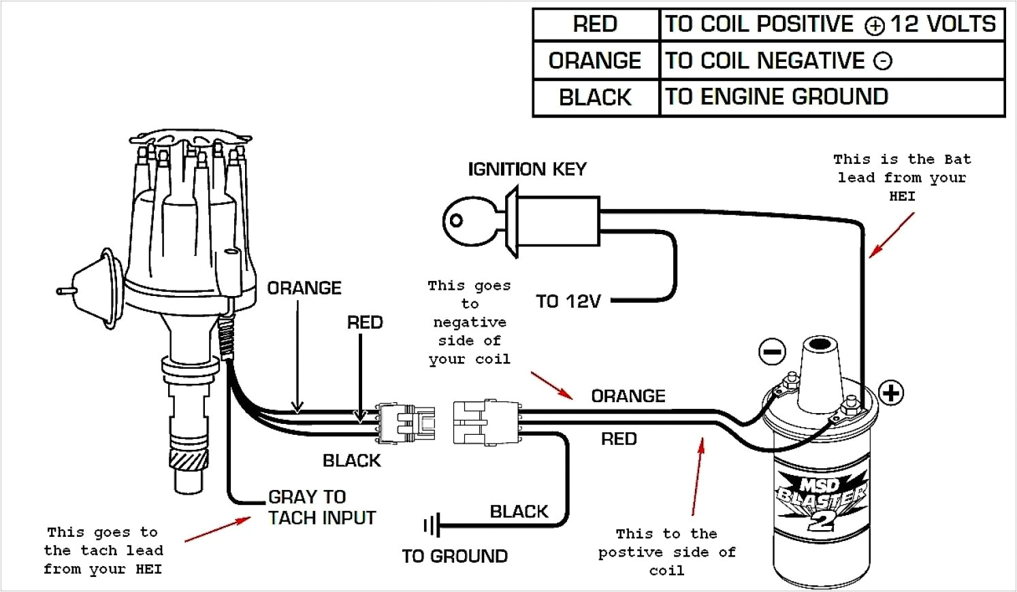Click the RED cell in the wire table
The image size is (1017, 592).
595,24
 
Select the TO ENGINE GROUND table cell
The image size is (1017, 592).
776,97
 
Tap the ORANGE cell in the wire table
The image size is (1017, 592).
595,61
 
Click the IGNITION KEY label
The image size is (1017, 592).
527,169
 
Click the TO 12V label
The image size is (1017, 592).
568,301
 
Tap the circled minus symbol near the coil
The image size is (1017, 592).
771,352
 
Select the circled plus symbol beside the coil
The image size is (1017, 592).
891,393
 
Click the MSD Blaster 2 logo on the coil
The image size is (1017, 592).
820,500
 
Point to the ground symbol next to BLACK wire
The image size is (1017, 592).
431,525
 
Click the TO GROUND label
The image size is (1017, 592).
455,556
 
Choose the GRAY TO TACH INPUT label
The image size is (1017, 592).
321,507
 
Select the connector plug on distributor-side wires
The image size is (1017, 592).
406,423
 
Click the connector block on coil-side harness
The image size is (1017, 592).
485,423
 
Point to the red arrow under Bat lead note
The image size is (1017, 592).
891,235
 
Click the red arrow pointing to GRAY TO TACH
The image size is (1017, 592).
217,530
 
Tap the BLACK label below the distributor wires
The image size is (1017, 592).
351,461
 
